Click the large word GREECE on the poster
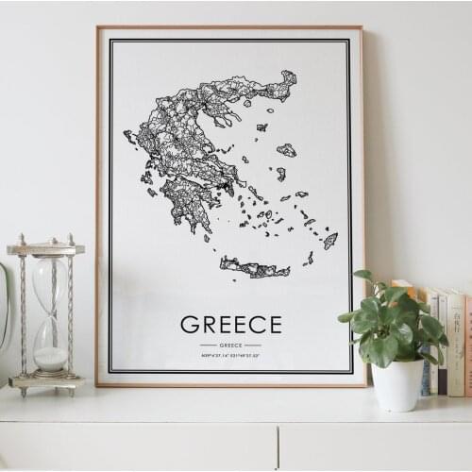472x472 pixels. pyautogui.click(x=230, y=325)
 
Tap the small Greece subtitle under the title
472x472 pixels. pyautogui.click(x=230, y=345)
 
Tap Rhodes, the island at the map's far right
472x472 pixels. pyautogui.click(x=329, y=240)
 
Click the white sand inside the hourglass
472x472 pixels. pyautogui.click(x=51, y=358)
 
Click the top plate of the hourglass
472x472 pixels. pyautogui.click(x=45, y=249)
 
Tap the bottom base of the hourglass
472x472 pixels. pyautogui.click(x=46, y=381)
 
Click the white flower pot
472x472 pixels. pyautogui.click(x=396, y=383)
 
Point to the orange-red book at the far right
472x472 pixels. pyautogui.click(x=467, y=346)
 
